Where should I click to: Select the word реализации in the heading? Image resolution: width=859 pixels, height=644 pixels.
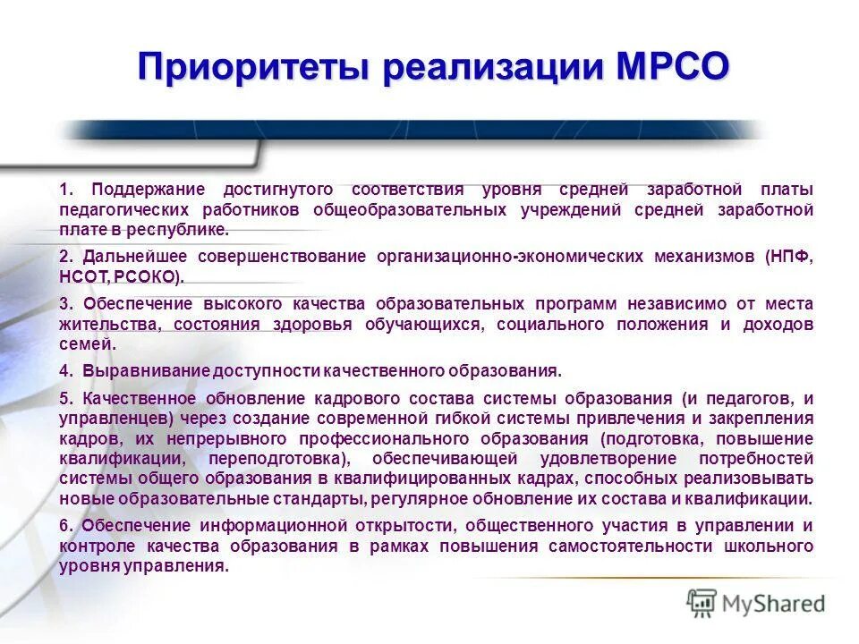pos(474,68)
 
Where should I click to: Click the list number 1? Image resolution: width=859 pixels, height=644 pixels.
pos(64,189)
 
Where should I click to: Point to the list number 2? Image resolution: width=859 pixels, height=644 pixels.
pos(64,257)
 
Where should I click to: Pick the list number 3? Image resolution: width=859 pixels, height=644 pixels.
pos(64,304)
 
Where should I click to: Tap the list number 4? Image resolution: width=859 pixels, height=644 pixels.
pos(64,370)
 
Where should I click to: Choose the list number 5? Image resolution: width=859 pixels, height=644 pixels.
pos(64,398)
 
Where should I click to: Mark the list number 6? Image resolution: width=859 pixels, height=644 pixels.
pos(64,525)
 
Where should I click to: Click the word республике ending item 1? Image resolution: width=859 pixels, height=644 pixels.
pos(184,230)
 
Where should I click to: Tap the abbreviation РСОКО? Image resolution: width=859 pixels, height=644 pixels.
pos(151,277)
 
